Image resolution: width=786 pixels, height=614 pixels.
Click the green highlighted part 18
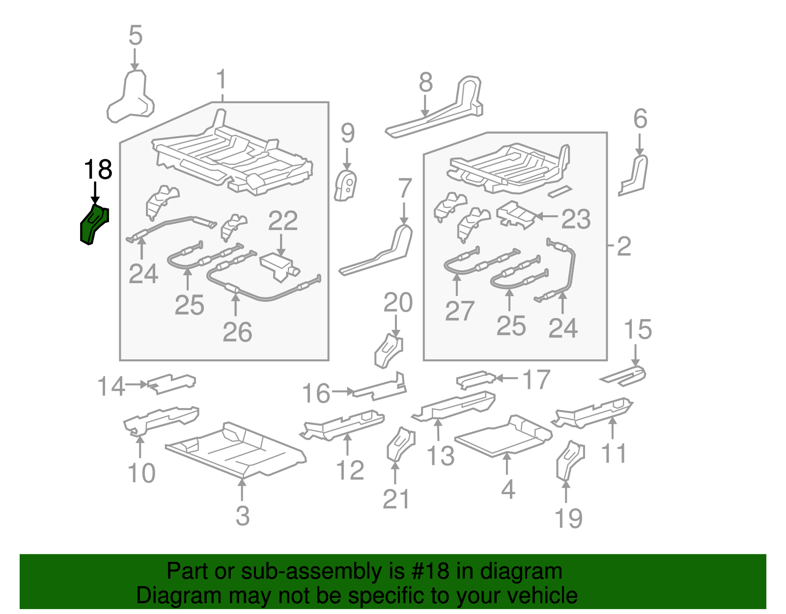click(93, 224)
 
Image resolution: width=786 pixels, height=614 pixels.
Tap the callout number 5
click(135, 35)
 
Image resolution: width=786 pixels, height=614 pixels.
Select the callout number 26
click(237, 332)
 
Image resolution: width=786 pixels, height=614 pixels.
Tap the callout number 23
click(576, 219)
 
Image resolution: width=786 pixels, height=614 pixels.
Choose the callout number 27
click(459, 311)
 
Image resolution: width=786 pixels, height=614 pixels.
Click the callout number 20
click(398, 302)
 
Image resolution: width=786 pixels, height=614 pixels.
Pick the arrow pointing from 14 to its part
click(136, 384)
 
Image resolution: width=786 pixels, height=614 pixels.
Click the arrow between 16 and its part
click(342, 391)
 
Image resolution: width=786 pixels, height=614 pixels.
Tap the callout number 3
click(243, 516)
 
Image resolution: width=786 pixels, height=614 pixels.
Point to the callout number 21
click(396, 499)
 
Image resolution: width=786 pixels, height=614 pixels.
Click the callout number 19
click(568, 519)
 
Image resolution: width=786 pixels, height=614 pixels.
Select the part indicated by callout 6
click(633, 175)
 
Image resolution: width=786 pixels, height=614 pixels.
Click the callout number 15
click(638, 329)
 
